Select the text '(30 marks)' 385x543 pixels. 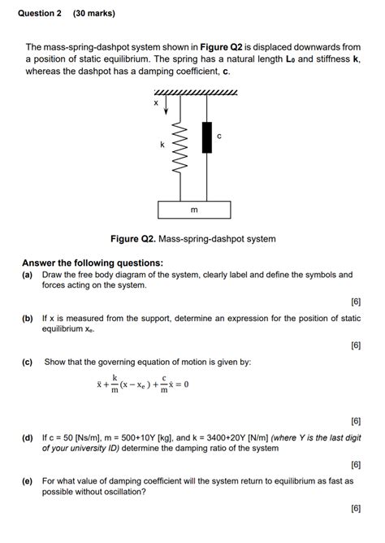click(93, 14)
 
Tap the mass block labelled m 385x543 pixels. click(192, 210)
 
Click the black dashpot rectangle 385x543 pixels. click(206, 137)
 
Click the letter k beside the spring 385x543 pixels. click(162, 145)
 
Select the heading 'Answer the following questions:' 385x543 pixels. click(93, 263)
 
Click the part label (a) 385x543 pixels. click(28, 275)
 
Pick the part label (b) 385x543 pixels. click(28, 319)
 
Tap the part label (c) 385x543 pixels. click(28, 361)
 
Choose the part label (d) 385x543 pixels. click(28, 437)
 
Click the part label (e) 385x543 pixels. click(28, 480)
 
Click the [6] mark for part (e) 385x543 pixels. click(355, 508)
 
